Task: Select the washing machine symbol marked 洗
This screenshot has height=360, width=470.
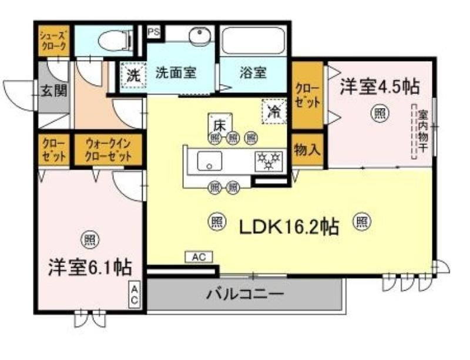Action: tap(133, 75)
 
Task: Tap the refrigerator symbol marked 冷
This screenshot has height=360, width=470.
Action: tap(274, 111)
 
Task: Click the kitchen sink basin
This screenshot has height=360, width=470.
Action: tap(209, 160)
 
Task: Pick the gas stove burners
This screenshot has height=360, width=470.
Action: tap(268, 160)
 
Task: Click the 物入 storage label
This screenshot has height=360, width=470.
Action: tap(307, 150)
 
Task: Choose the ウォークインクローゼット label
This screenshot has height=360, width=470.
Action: tap(108, 150)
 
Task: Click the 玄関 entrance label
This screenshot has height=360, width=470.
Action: tap(53, 91)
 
